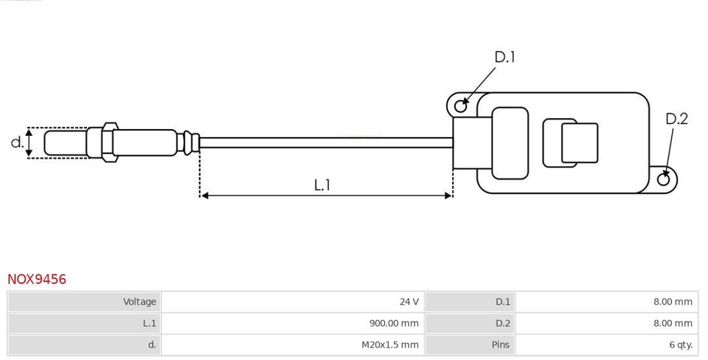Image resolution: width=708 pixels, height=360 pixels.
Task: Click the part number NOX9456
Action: [x=37, y=280]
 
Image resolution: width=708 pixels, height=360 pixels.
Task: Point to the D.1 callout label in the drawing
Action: [x=504, y=57]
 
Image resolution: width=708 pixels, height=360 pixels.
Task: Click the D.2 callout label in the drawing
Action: [x=676, y=119]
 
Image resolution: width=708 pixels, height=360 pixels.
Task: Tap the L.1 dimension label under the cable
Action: [x=322, y=185]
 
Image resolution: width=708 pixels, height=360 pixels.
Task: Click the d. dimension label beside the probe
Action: [x=17, y=142]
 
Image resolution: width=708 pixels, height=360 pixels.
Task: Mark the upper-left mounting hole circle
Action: [x=460, y=106]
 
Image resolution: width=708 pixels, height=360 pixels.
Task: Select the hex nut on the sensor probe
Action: [x=109, y=142]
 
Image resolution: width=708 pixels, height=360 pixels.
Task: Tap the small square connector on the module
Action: [x=579, y=143]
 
